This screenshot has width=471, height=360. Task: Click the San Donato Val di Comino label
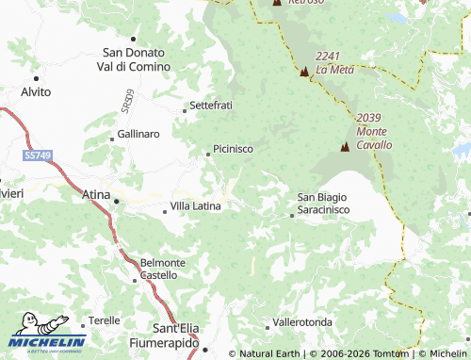pyautogui.click(x=136, y=59)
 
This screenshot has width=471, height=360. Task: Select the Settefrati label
pyautogui.click(x=211, y=106)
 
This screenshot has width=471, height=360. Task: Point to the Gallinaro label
pyautogui.click(x=138, y=135)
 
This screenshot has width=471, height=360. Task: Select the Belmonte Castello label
pyautogui.click(x=158, y=269)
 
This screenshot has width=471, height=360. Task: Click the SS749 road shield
pyautogui.click(x=38, y=154)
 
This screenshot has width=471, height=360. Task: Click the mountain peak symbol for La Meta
pyautogui.click(x=304, y=73)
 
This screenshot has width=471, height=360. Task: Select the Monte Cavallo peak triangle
pyautogui.click(x=345, y=147)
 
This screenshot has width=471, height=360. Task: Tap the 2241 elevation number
pyautogui.click(x=329, y=56)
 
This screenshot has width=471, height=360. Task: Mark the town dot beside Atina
pyautogui.click(x=116, y=201)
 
